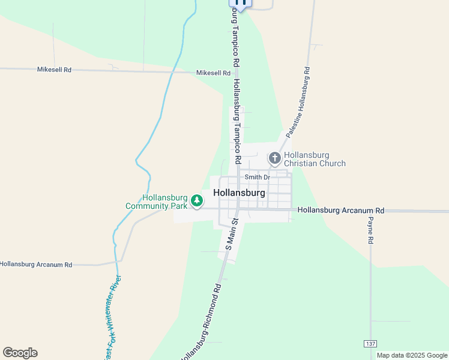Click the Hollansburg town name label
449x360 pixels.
[239, 193]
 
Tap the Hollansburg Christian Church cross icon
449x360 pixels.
[275, 158]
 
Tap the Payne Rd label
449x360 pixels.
[370, 230]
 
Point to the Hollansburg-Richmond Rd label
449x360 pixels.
[202, 321]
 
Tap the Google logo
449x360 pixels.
[20, 353]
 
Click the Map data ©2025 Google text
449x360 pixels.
[412, 355]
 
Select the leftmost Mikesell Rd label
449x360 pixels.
[54, 70]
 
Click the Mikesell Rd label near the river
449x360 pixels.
[213, 73]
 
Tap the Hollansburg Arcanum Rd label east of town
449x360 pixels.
[340, 211]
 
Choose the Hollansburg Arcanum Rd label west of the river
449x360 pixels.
[36, 264]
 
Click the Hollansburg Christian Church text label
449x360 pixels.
[315, 159]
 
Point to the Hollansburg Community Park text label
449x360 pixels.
[157, 202]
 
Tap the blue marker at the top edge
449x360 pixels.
[240, 3]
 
